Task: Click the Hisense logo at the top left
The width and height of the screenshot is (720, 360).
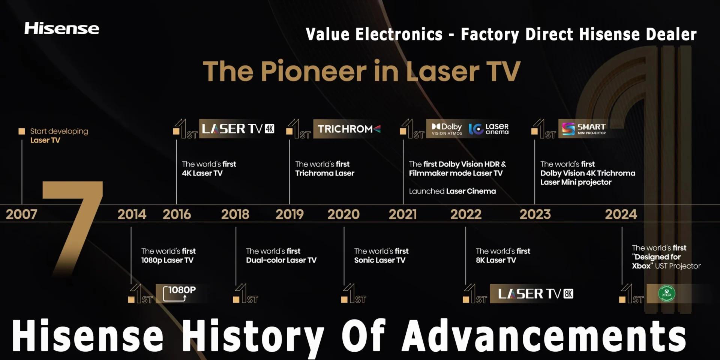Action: [62, 28]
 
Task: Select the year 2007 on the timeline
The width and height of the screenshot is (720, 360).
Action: [21, 214]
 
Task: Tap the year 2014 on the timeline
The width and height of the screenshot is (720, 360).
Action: [132, 214]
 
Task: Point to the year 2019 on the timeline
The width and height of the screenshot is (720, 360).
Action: [289, 214]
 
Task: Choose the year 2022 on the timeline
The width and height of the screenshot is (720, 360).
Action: [466, 214]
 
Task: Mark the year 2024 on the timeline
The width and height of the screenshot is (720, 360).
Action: [621, 214]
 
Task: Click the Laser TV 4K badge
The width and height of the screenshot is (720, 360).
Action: [238, 129]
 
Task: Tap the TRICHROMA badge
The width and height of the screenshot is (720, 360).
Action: [349, 129]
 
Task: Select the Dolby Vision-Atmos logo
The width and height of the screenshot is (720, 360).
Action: [447, 129]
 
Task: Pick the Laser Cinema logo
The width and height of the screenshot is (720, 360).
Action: [489, 129]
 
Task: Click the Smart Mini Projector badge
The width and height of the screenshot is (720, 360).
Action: [584, 129]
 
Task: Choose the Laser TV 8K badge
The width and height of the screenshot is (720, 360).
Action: [535, 294]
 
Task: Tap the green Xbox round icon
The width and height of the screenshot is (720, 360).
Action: [667, 293]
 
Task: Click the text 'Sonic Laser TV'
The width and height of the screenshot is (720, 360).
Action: [379, 260]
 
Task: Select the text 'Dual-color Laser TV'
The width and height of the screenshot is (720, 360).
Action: [281, 260]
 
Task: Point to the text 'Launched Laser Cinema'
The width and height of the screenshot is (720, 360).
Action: [452, 191]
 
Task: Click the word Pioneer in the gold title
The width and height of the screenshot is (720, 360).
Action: [314, 71]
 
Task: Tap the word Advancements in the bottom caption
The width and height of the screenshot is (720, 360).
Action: [544, 335]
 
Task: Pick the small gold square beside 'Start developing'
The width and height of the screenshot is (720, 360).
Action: [22, 131]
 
